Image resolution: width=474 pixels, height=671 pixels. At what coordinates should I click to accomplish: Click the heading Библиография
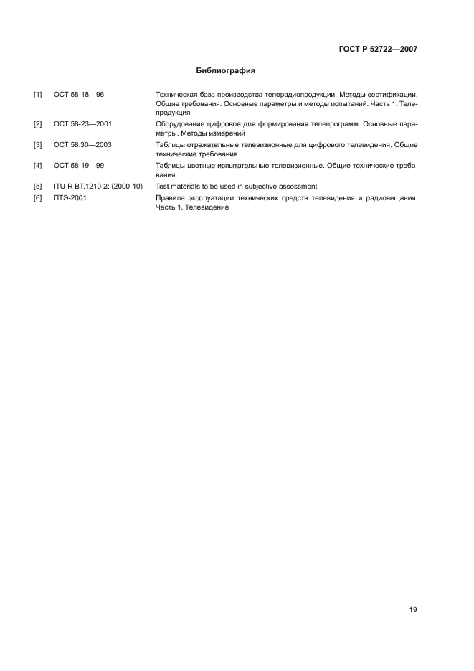coord(226,71)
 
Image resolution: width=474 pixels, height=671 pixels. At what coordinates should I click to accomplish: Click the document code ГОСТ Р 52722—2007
coord(378,50)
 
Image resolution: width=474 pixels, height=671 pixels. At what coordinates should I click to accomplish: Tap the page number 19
coord(412,610)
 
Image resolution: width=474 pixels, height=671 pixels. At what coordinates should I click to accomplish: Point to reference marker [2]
coord(38,124)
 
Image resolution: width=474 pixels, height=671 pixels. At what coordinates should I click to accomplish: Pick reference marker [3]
coord(38,145)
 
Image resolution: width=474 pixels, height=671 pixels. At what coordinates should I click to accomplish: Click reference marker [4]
coord(38,166)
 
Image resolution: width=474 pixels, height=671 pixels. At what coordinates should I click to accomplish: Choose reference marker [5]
coord(38,187)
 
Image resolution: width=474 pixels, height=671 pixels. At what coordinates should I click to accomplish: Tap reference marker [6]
coord(38,197)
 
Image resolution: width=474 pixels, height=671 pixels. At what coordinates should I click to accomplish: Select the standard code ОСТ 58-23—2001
coord(82,124)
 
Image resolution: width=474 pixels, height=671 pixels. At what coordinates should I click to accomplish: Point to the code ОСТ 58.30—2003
coord(82,145)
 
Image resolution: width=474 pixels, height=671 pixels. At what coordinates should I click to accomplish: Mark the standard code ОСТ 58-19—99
coord(79,166)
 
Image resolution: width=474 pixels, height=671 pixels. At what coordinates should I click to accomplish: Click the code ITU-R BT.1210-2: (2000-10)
coord(98,187)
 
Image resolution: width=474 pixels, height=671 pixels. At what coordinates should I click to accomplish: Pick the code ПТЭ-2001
coord(70,197)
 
